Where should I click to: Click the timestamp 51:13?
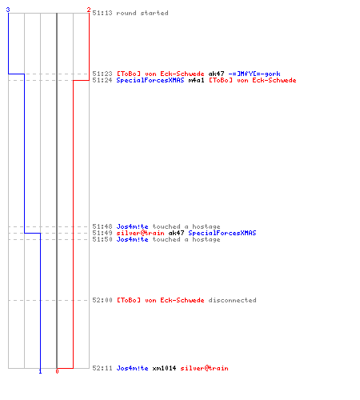102,13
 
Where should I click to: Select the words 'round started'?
142,13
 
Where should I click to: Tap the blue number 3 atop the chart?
8,10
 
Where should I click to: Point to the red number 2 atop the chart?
89,10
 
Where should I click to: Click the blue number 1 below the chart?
40,371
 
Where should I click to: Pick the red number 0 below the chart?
57,371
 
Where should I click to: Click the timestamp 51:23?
102,74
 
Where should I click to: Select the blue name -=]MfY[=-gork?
254,74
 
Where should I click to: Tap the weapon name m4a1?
196,80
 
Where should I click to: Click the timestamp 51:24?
102,80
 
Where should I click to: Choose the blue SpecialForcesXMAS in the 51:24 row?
150,80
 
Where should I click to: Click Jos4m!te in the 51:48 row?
132,226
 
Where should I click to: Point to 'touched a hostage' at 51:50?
186,239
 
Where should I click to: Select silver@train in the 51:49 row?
140,233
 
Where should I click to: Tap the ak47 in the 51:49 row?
176,233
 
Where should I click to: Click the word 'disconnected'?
232,300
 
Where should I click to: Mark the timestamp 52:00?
102,300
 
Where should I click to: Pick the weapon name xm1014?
164,368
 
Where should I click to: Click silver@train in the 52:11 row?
204,368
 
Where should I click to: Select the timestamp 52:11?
102,368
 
